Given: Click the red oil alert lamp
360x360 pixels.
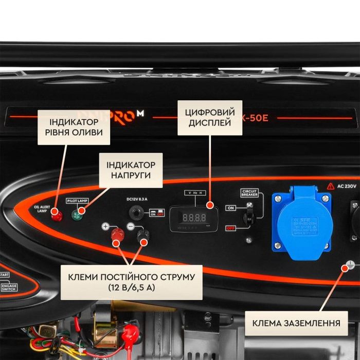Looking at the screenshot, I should point(57,216).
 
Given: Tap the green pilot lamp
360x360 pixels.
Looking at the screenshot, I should point(79,216).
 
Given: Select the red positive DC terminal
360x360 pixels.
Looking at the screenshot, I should point(118,236).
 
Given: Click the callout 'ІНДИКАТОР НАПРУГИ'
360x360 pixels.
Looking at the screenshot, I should point(131,170).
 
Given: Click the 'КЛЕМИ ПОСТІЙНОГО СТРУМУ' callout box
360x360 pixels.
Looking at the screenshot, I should point(131,282).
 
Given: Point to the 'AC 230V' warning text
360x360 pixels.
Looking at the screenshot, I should point(344,186).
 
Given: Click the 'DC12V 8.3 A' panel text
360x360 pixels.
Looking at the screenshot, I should point(137,199).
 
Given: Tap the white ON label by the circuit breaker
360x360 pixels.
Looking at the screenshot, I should point(231,208).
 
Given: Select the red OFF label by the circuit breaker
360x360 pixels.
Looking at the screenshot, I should point(231,228).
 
